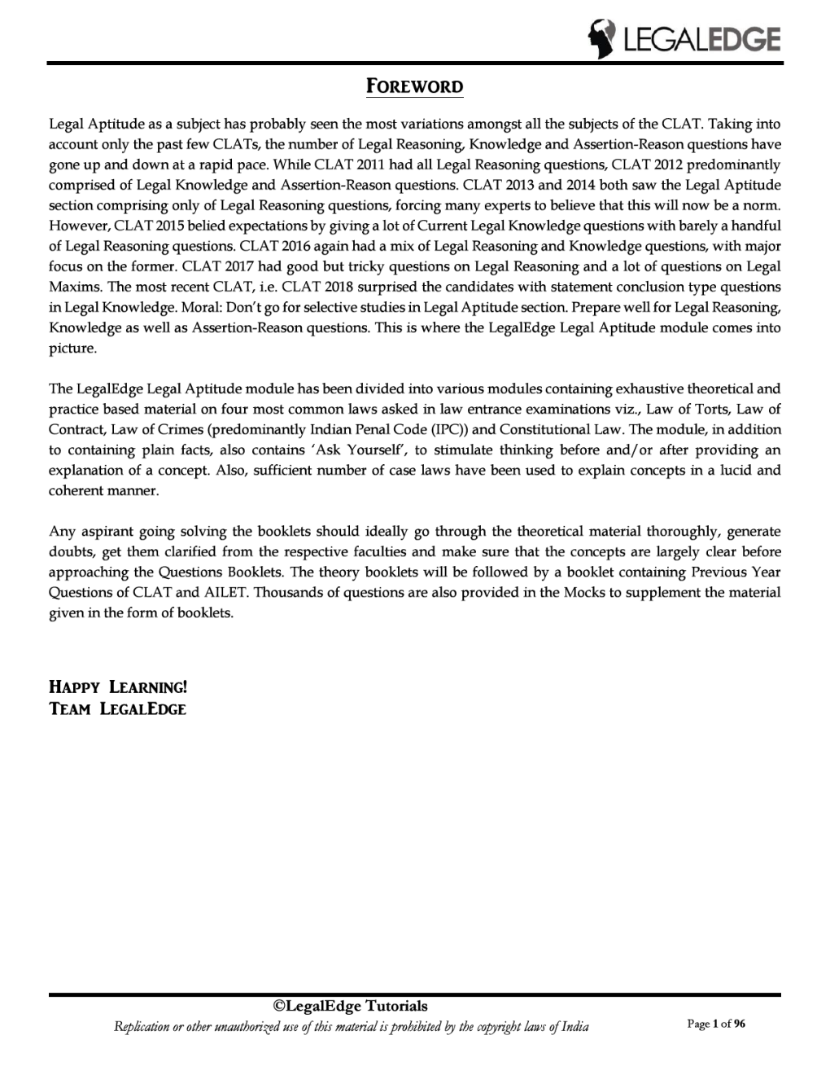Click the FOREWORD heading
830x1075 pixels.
[413, 86]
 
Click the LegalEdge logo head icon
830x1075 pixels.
[601, 38]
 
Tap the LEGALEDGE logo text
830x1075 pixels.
[699, 39]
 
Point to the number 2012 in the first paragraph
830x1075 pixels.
[671, 165]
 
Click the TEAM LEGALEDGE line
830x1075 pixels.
[118, 709]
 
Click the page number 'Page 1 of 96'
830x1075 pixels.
[716, 1025]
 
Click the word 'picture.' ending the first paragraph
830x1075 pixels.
[73, 348]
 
